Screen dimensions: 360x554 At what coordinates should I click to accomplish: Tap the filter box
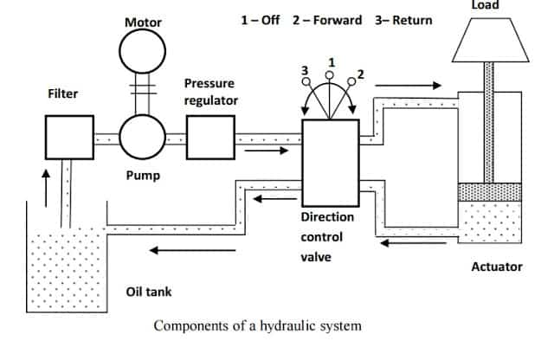68,137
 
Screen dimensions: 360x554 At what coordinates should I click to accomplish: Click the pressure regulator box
210,137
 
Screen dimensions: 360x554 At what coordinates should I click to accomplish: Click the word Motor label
143,22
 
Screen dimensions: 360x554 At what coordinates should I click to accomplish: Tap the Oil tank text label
149,292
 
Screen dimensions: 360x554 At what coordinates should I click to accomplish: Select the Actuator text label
496,267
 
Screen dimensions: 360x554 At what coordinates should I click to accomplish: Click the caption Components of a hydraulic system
257,326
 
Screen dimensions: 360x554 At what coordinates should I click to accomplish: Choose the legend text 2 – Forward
327,20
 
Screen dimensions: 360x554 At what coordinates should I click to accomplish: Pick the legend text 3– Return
403,20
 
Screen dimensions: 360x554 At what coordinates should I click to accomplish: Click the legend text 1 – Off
260,20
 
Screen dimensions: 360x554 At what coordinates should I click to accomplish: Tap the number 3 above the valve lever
304,69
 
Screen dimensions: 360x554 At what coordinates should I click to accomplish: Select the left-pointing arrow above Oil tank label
177,251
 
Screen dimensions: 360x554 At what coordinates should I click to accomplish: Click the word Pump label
143,176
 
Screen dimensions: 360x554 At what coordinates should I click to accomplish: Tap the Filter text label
63,93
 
